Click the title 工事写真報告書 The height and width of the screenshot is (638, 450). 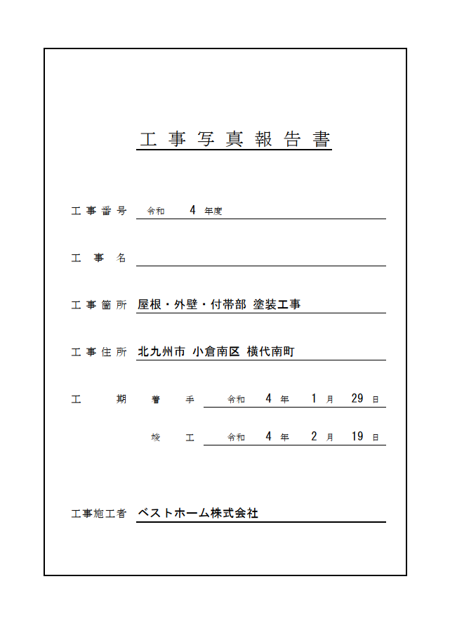(234, 139)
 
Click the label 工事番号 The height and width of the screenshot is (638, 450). (99, 211)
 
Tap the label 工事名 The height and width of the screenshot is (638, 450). (99, 258)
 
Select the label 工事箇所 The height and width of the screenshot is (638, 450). (99, 305)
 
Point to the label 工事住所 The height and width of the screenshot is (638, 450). (99, 352)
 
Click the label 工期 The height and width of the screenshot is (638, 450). (99, 399)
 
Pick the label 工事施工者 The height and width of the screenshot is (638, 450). (99, 514)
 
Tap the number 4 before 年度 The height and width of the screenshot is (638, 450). (192, 210)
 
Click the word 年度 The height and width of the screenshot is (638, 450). (213, 211)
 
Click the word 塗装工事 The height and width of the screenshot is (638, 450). (277, 304)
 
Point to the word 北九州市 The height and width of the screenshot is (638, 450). (161, 351)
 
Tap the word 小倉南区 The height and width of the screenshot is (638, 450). (216, 351)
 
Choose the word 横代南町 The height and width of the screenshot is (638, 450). (271, 351)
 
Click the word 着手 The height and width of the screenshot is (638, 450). (172, 399)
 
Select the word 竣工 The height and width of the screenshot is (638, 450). (172, 437)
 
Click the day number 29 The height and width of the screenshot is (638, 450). (357, 398)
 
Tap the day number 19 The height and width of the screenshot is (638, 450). (357, 436)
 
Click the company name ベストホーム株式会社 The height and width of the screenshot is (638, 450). (198, 513)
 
